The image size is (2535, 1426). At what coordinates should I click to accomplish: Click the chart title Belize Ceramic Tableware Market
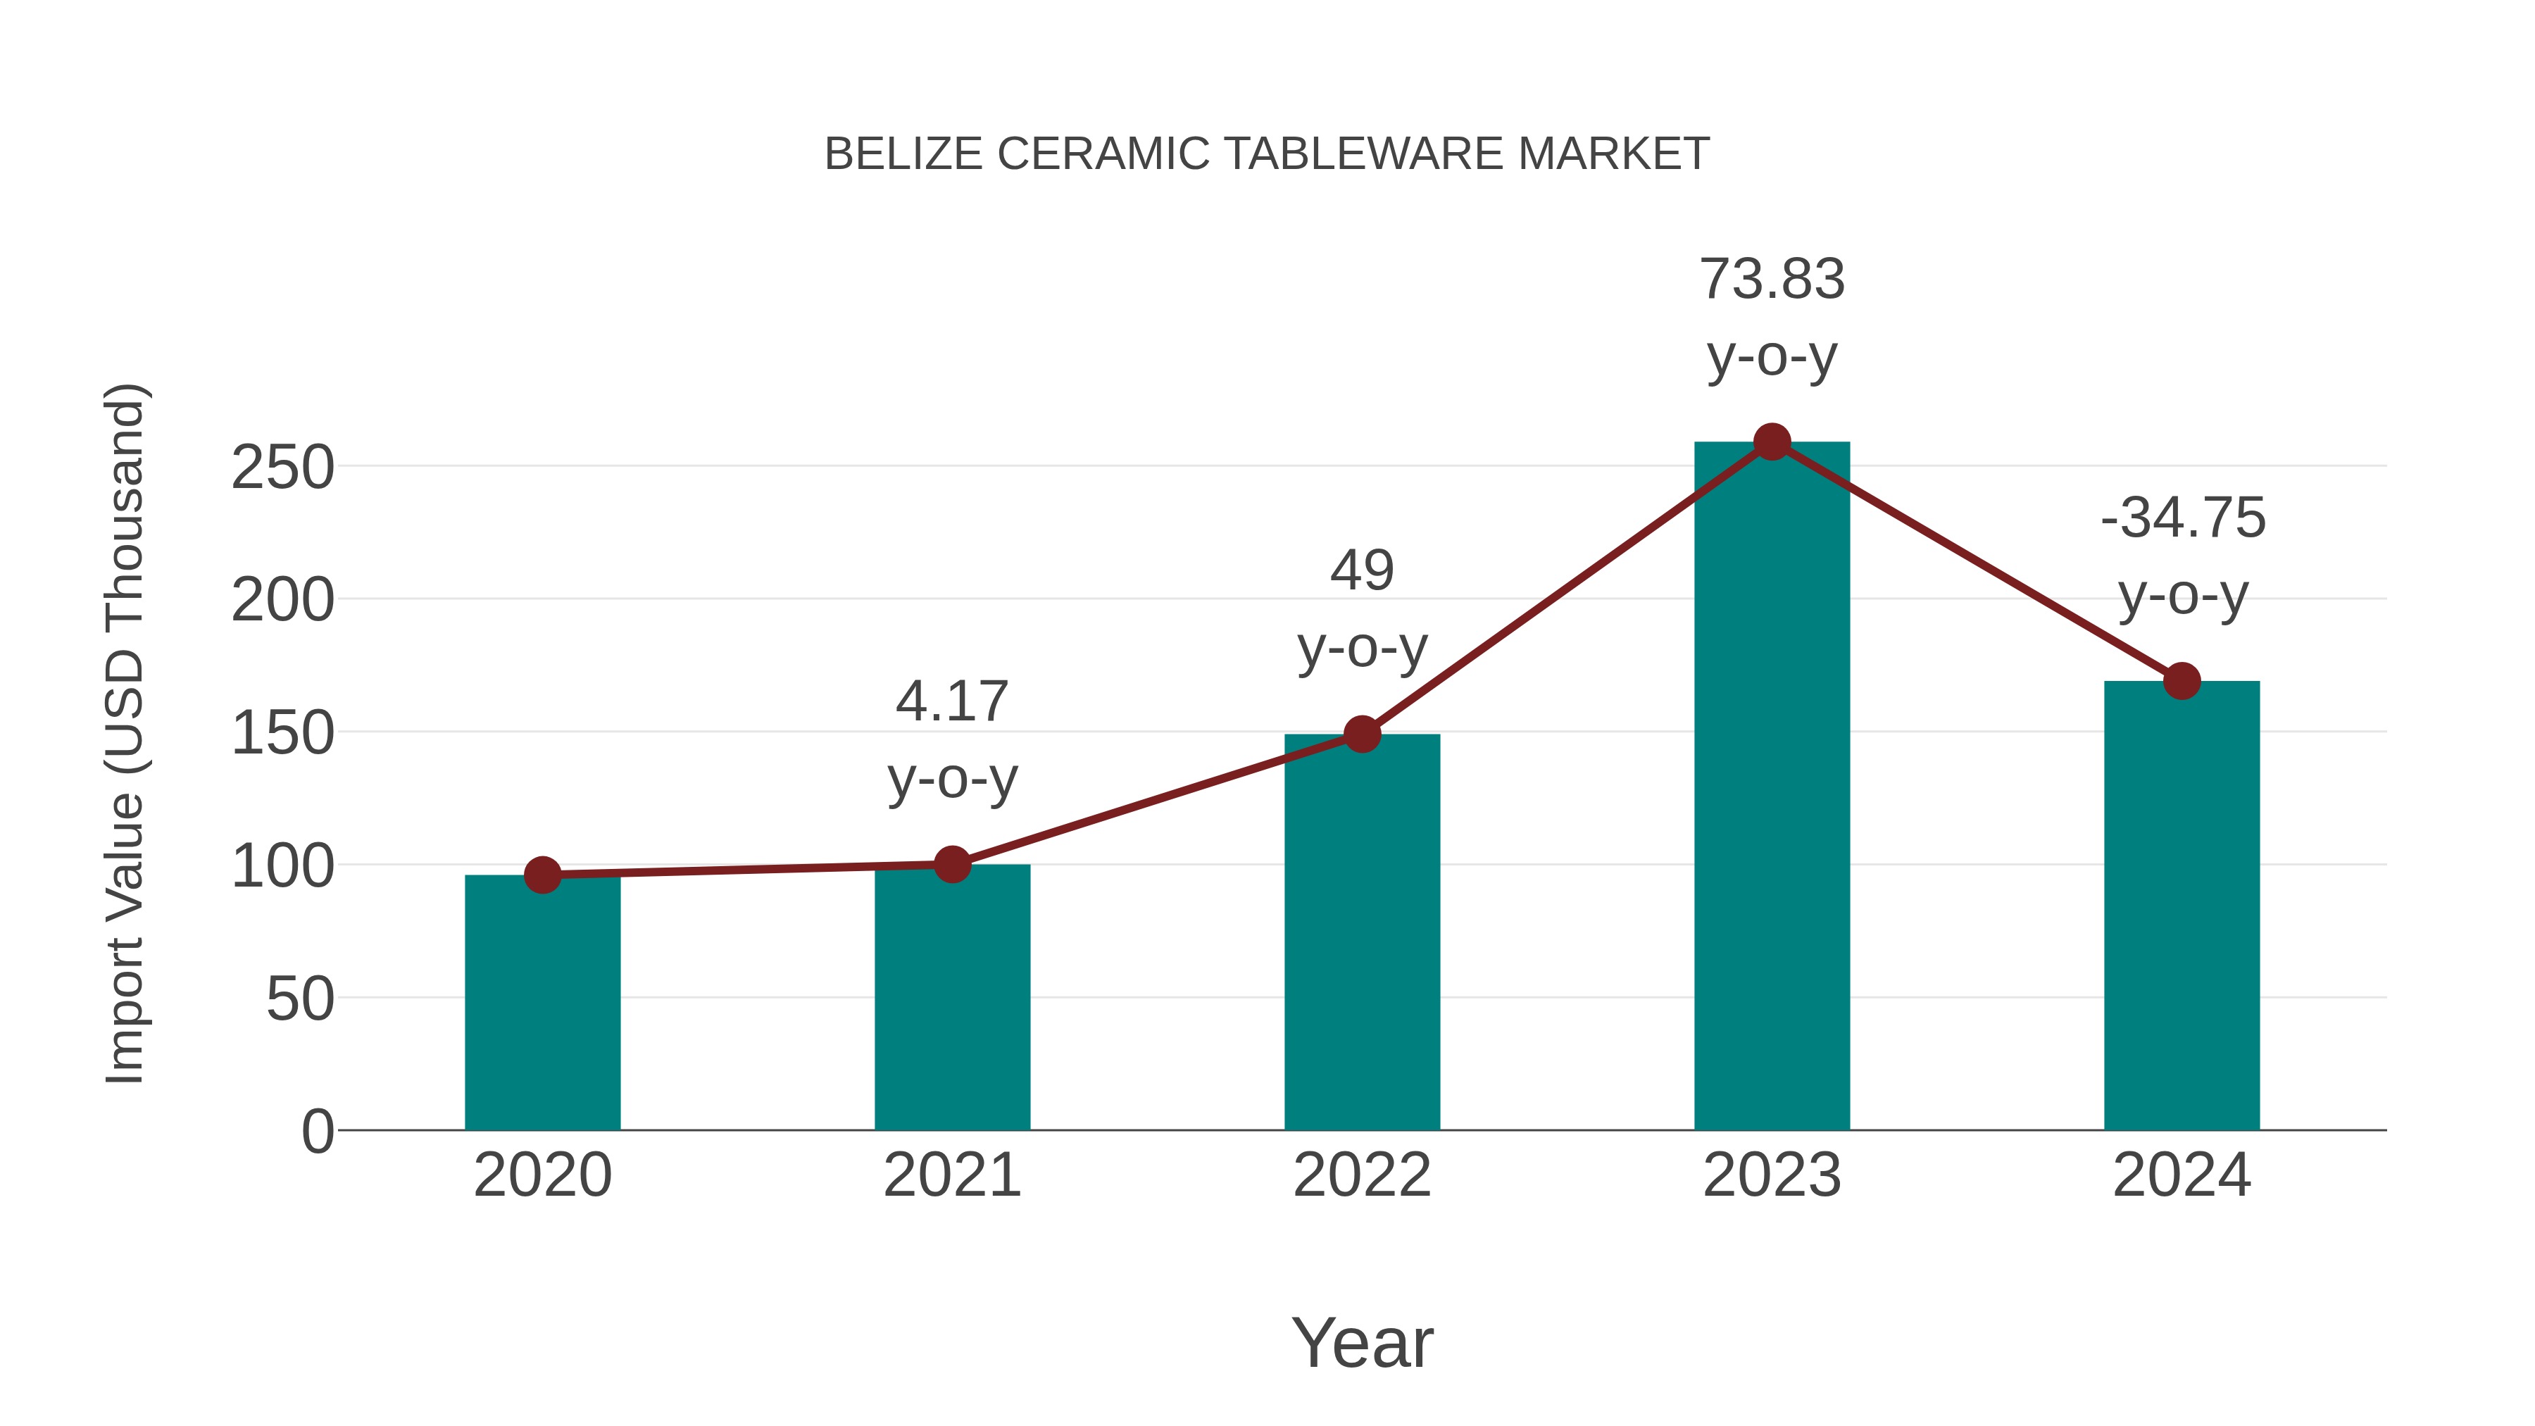[1267, 154]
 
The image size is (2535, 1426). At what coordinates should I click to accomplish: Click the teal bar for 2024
[2182, 906]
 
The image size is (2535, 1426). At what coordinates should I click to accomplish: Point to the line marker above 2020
[542, 875]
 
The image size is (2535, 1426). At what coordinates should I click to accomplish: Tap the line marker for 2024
[2182, 681]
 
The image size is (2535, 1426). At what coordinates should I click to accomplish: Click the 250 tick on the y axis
[282, 468]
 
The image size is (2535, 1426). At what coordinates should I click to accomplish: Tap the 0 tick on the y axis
[317, 1131]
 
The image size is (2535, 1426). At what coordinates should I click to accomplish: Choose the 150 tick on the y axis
[282, 733]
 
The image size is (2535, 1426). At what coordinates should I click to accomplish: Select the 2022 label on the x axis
[1362, 1175]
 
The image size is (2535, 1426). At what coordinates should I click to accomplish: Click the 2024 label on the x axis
[2182, 1175]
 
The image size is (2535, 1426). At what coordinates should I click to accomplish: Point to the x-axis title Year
[1362, 1342]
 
